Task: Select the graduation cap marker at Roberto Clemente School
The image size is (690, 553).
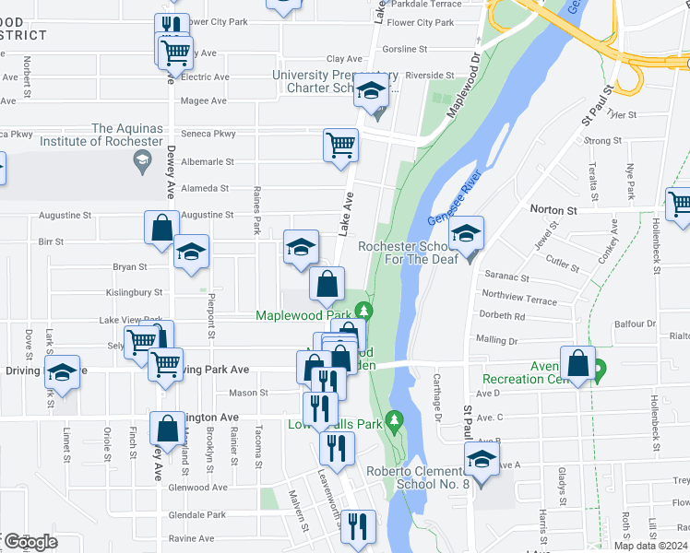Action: (482, 459)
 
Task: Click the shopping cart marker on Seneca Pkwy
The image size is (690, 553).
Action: (340, 144)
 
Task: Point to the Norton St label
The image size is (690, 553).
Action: (553, 210)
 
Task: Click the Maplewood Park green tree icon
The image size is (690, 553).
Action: (366, 310)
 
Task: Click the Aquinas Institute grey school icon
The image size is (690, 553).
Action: (142, 163)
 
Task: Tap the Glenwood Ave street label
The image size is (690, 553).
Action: (199, 488)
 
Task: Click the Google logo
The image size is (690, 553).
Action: (31, 542)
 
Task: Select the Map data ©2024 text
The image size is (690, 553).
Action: (651, 546)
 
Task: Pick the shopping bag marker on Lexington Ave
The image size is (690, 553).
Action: (167, 428)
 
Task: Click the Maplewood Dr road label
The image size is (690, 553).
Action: (464, 84)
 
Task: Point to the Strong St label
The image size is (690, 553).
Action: (602, 141)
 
